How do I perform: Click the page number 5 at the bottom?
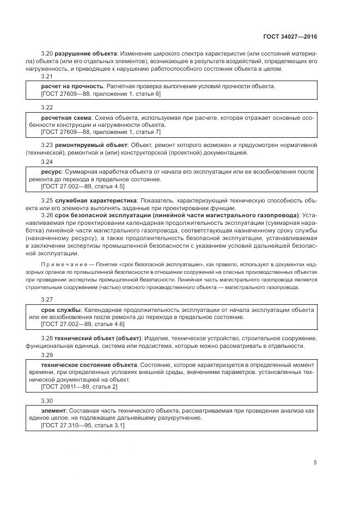(x=315, y=463)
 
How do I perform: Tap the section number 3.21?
(x=47, y=77)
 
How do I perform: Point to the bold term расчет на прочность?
(x=72, y=87)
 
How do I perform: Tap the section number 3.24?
(x=47, y=162)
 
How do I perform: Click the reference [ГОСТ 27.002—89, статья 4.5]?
(x=83, y=186)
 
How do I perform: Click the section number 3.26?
(x=47, y=215)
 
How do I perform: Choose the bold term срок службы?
(x=62, y=310)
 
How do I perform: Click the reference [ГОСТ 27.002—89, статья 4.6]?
(x=83, y=324)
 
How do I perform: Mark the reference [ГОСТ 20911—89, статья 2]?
(x=79, y=387)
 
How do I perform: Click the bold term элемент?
(x=54, y=410)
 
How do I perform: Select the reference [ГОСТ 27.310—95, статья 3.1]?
(x=83, y=425)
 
